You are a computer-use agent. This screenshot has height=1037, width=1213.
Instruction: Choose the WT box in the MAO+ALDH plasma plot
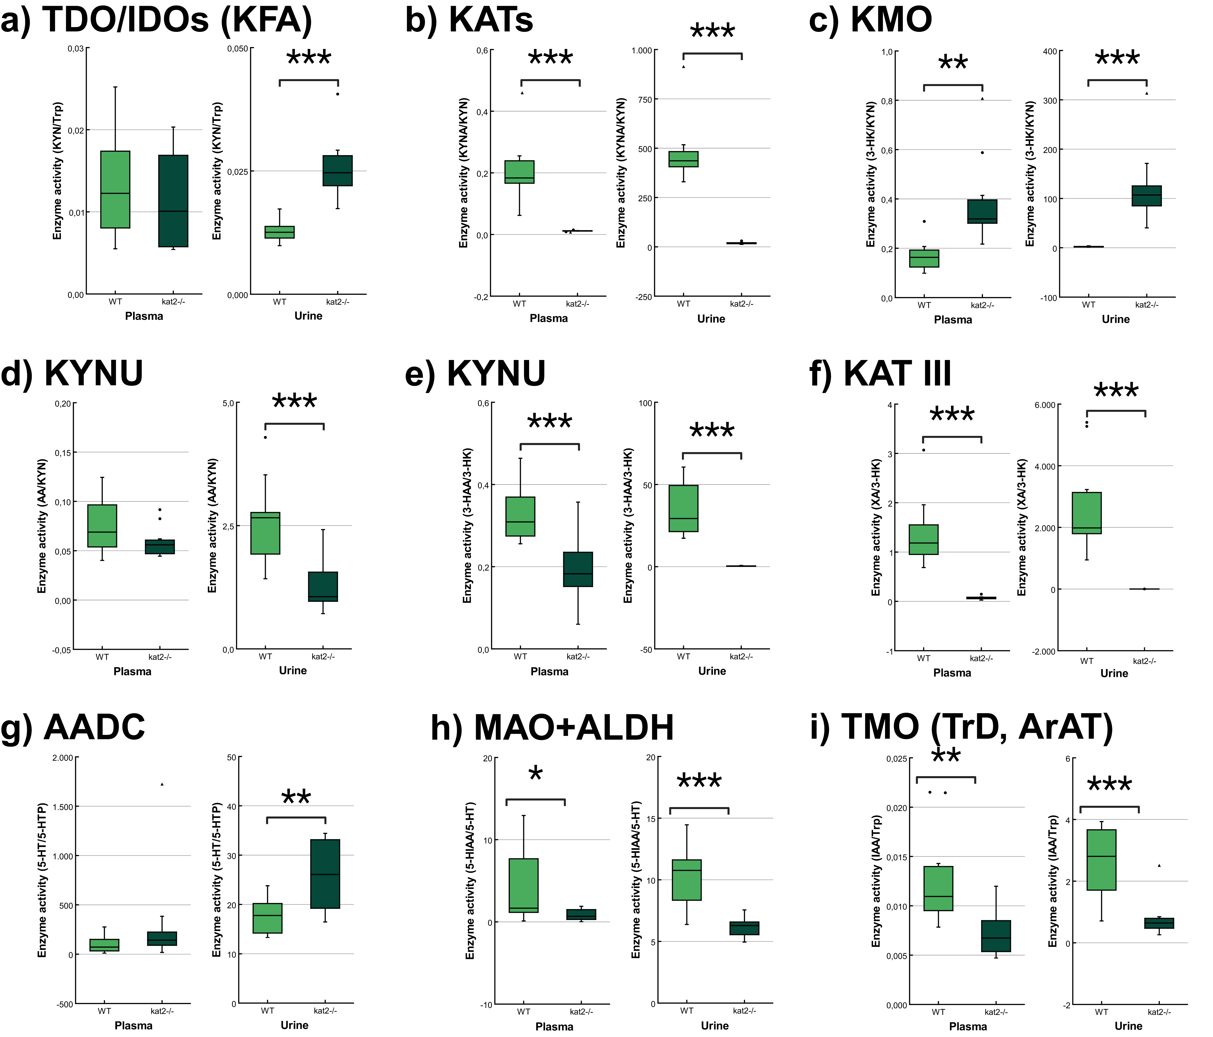523,885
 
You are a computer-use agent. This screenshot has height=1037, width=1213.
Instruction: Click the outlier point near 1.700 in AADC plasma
162,784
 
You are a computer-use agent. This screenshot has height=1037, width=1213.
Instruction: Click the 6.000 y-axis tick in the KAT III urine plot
1045,405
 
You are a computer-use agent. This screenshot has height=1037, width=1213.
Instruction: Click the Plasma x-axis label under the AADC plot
134,1025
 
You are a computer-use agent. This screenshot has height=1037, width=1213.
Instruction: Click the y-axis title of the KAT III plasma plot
876,527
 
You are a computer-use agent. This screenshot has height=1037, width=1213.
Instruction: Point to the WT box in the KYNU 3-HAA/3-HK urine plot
683,508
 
